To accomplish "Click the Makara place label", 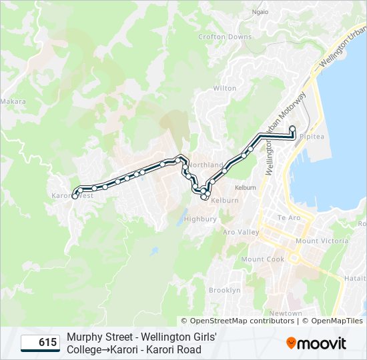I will [x=13, y=102].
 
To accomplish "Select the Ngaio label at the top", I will [x=260, y=12].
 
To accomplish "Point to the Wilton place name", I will [x=224, y=88].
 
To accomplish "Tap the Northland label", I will [x=207, y=165].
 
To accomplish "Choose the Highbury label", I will [x=200, y=219].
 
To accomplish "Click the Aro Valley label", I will [x=241, y=232].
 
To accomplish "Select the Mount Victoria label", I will [x=322, y=241].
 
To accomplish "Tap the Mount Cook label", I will [x=263, y=259].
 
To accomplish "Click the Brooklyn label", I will [x=224, y=290].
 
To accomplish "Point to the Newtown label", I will [x=286, y=313].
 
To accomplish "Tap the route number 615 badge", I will [x=40, y=343].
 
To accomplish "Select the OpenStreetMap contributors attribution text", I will [x=237, y=321].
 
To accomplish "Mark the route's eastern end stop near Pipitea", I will [x=292, y=128].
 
